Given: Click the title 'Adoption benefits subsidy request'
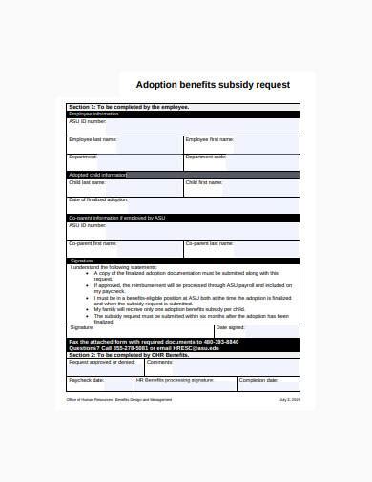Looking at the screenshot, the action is pyautogui.click(x=213, y=85).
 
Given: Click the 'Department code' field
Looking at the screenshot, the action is pyautogui.click(x=240, y=163).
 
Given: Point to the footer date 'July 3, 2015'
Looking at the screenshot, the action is pyautogui.click(x=288, y=399).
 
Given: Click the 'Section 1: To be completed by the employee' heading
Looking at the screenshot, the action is pyautogui.click(x=129, y=107).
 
